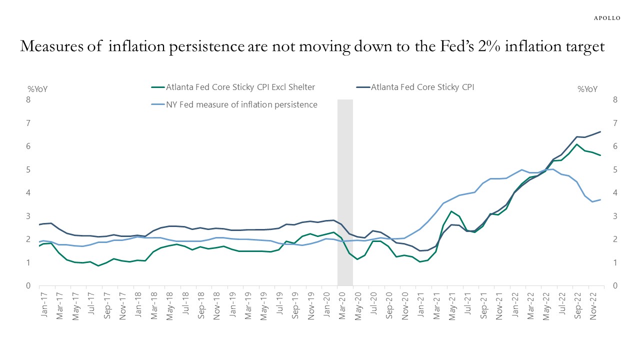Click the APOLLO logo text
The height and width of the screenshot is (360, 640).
coord(607,18)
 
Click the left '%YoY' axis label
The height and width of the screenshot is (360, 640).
coord(37,89)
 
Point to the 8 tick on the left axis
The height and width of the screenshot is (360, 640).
coord(28,100)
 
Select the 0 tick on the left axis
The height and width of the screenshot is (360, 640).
coord(28,286)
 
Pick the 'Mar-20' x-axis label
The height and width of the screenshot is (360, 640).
coord(342,303)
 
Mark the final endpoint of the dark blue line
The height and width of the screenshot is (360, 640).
coord(600,131)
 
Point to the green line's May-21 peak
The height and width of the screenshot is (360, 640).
coord(451,211)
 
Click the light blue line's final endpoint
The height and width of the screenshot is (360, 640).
coord(600,199)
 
